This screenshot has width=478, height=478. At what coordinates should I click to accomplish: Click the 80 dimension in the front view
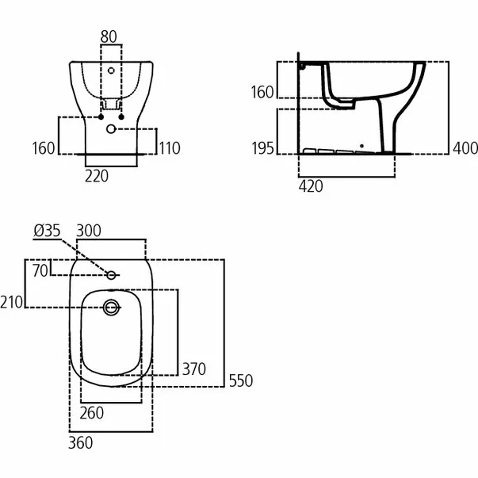[x=109, y=36]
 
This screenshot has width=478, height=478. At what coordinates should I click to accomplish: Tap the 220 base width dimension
[x=97, y=176]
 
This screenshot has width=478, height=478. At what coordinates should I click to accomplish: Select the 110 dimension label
[x=170, y=148]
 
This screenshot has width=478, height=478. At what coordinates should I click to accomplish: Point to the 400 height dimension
[x=465, y=148]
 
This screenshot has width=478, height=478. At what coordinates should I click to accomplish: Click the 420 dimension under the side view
[x=311, y=186]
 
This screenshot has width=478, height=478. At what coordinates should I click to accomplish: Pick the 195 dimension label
[x=262, y=148]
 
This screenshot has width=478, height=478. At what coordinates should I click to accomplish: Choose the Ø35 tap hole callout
[x=47, y=231]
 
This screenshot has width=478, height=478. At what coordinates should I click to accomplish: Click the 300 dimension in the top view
[x=89, y=231]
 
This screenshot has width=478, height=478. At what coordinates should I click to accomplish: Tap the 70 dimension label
[x=40, y=270]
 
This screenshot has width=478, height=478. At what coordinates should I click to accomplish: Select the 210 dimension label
[x=12, y=302]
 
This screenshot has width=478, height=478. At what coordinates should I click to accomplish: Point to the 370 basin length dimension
[x=194, y=369]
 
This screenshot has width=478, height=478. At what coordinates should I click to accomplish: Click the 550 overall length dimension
[x=241, y=380]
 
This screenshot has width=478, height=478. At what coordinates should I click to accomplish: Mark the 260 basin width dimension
[x=92, y=413]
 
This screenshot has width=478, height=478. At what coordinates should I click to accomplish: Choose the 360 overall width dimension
[x=81, y=442]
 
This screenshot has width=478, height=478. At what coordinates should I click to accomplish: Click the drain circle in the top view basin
[x=111, y=308]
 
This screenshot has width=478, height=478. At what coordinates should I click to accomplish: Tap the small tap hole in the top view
[x=111, y=275]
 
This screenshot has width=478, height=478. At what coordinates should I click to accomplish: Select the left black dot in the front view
[x=101, y=117]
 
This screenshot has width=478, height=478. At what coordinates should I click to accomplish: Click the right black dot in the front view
[x=121, y=117]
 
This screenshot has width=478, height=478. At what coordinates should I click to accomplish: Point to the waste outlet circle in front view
[x=111, y=129]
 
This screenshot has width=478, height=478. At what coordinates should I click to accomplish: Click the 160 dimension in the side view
[x=262, y=92]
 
